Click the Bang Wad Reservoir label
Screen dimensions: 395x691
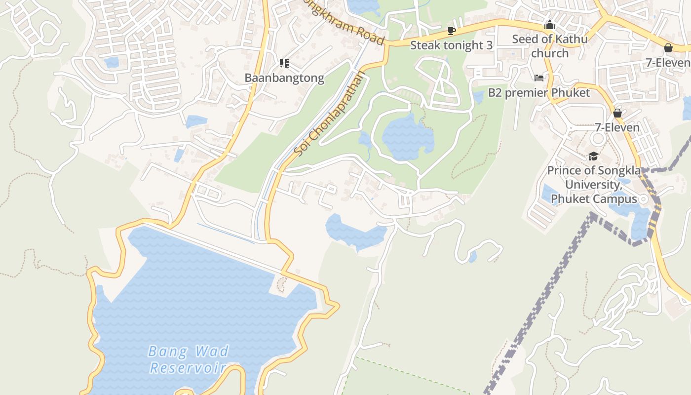click(x=189, y=359)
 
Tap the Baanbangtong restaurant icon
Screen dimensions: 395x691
click(x=284, y=63)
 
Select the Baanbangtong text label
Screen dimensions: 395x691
click(x=284, y=78)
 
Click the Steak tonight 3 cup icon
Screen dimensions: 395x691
click(x=451, y=31)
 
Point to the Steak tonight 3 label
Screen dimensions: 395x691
click(x=451, y=45)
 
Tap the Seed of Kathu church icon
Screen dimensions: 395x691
click(x=550, y=25)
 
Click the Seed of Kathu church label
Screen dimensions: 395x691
click(x=550, y=46)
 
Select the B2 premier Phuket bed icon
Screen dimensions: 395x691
click(x=539, y=78)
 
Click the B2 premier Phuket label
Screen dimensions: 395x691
click(x=539, y=92)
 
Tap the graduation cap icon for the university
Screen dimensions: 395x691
click(x=593, y=157)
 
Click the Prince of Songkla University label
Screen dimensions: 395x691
click(x=594, y=185)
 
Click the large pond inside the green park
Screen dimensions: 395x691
click(x=407, y=138)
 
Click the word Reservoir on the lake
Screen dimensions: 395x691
click(x=188, y=368)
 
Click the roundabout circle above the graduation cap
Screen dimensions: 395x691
click(x=598, y=139)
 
